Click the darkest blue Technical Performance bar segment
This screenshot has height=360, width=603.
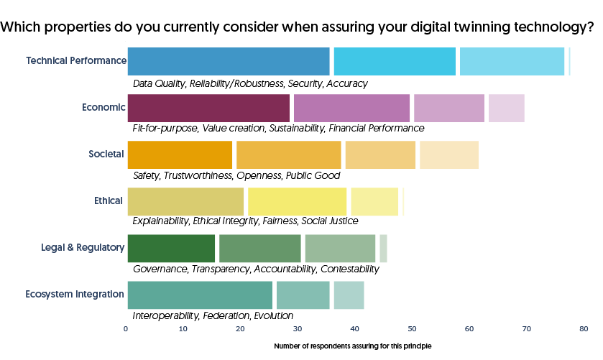[x=229, y=61]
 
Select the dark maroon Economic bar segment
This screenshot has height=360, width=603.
[x=208, y=108]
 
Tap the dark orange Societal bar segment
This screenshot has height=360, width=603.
[x=180, y=154]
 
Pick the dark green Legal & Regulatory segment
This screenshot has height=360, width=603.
[x=171, y=248]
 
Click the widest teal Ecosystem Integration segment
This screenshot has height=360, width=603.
[x=200, y=295]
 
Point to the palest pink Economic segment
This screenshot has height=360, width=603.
[x=506, y=108]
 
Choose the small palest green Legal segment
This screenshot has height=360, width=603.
[x=383, y=248]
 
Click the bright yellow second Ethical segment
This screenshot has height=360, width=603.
[x=297, y=201]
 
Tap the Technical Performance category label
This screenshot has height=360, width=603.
[x=75, y=60]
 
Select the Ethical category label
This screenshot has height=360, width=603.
[x=108, y=200]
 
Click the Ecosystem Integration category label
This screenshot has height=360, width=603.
[x=75, y=294]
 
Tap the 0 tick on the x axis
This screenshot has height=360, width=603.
[x=126, y=329]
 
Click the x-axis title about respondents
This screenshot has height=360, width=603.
[x=352, y=346]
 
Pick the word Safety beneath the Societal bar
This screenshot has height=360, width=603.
[x=146, y=175]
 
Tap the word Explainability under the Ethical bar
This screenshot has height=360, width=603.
[x=161, y=221]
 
